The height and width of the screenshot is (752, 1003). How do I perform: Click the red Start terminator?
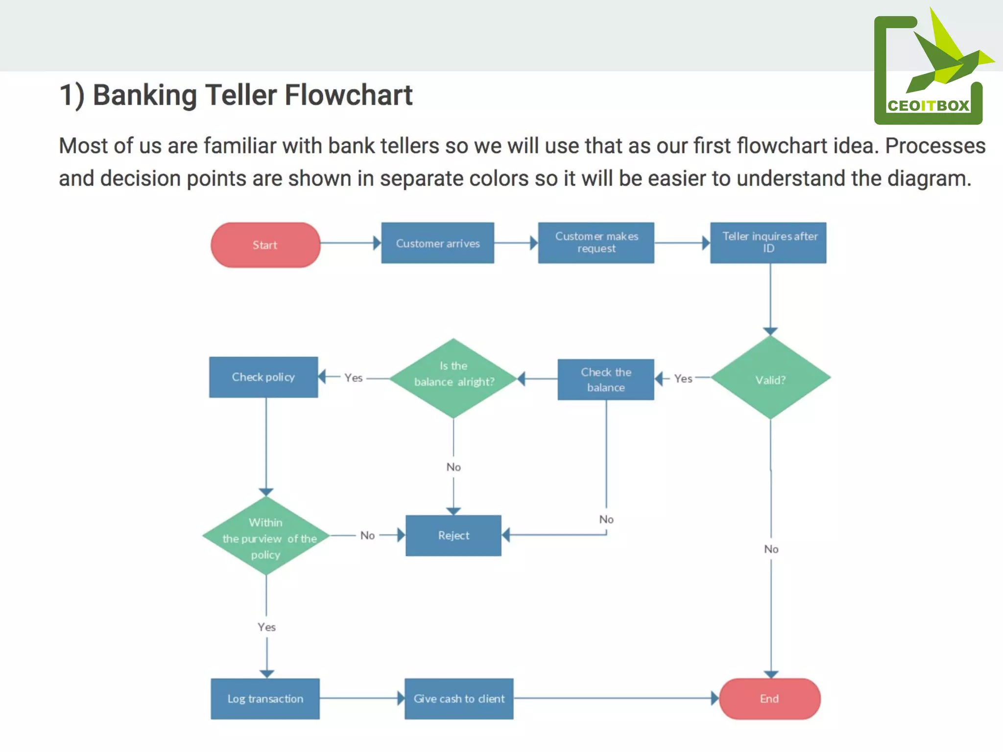tap(265, 245)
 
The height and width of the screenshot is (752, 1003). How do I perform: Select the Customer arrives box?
tap(437, 243)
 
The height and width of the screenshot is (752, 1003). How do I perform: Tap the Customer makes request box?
tap(596, 243)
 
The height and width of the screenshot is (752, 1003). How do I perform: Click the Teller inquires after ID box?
tap(768, 243)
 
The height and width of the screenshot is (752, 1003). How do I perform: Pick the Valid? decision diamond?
tap(770, 378)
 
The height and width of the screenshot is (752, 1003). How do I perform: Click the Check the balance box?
tap(606, 380)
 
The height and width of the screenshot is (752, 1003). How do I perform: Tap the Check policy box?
tap(263, 377)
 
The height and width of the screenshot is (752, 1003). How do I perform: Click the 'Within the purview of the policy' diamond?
tap(266, 537)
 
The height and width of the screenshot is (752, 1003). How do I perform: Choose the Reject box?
tap(454, 536)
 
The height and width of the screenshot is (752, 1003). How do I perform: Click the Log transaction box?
tap(265, 699)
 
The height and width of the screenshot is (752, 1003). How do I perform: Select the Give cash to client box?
tap(459, 699)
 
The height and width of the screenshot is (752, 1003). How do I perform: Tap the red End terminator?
tap(769, 699)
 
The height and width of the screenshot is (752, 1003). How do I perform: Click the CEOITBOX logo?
tap(929, 69)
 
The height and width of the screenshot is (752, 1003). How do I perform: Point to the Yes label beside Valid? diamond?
tap(683, 378)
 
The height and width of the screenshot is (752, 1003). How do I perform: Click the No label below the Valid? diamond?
tap(771, 549)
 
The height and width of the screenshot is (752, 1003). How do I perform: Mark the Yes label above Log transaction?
tap(266, 627)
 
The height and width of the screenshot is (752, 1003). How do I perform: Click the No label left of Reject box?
tap(367, 536)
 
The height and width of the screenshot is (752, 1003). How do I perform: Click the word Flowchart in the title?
tap(348, 95)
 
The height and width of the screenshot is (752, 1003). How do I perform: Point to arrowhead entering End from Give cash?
tap(715, 699)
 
